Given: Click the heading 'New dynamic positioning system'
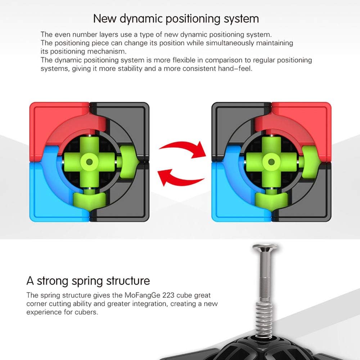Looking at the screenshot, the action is point(176,19).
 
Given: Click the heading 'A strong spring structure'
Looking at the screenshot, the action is point(88,281).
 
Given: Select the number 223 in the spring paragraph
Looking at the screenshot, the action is point(168,295).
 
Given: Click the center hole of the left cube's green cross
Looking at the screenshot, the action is point(89,162).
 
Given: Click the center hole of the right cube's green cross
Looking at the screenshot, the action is point(271,162).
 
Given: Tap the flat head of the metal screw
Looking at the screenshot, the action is point(265,248).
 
